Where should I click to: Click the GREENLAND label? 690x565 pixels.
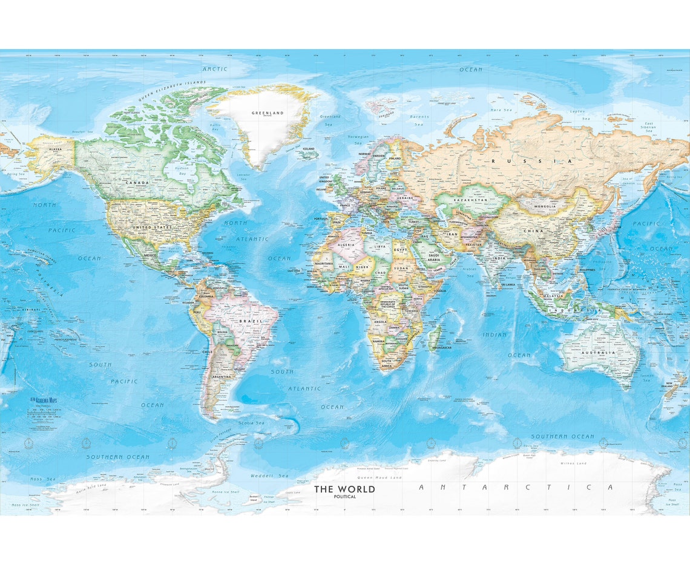point(268,113)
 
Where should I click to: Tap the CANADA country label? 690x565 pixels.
point(137,182)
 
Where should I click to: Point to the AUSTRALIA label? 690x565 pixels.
point(599,352)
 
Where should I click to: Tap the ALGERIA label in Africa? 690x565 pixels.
point(346,244)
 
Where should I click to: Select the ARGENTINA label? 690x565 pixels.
point(221,376)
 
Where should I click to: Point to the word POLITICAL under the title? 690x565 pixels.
point(345,497)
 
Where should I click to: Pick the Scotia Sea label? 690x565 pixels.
point(251,423)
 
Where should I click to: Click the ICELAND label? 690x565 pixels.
point(308,148)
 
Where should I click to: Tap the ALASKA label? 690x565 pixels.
point(55,148)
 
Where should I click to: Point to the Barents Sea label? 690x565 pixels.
point(419,120)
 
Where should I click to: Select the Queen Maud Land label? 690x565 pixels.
point(379,477)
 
